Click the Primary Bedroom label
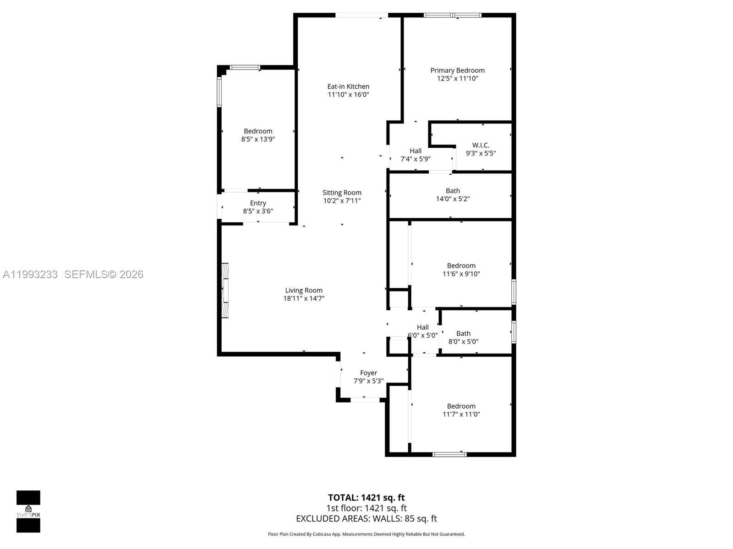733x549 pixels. (457, 70)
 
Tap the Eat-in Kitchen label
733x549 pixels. (348, 86)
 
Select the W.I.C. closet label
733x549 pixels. (481, 145)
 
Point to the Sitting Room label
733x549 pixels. (342, 193)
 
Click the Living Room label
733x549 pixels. (304, 290)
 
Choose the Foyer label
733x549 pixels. (368, 373)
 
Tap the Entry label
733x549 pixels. (258, 203)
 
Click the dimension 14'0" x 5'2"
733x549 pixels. (453, 199)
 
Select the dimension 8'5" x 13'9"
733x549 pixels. (258, 139)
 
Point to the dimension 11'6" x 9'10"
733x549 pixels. (461, 274)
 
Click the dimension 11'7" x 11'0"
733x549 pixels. (461, 414)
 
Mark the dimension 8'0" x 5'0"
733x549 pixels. (463, 341)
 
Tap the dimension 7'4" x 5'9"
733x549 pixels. (416, 159)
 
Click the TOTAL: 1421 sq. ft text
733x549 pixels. (366, 498)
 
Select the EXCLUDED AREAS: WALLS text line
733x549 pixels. (366, 519)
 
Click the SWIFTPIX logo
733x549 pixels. (28, 511)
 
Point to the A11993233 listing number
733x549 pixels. (30, 274)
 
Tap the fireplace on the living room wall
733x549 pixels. (225, 291)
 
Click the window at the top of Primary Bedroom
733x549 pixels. (452, 15)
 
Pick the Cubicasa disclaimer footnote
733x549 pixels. (366, 534)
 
